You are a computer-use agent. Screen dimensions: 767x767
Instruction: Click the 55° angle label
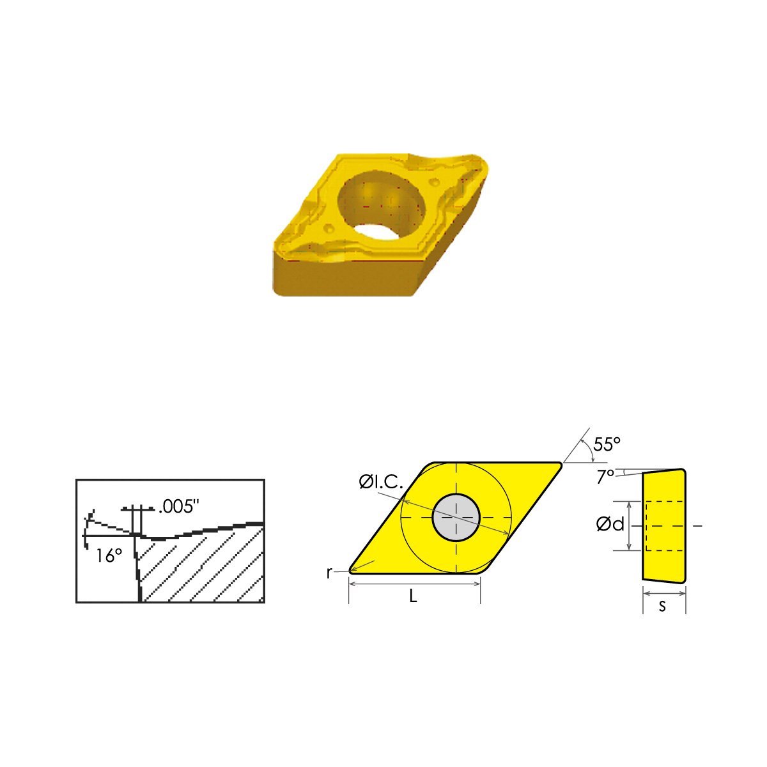point(607,444)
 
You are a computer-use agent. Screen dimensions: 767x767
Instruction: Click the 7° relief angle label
point(605,477)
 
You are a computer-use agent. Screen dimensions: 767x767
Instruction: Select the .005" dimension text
point(179,507)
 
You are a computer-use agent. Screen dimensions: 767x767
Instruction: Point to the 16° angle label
point(109,555)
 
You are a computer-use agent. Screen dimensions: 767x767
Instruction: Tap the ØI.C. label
point(381,483)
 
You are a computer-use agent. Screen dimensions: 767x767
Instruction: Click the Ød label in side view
point(610,525)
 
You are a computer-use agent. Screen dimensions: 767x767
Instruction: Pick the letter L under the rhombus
point(414,596)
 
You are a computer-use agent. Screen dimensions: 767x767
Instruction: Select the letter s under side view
point(662,606)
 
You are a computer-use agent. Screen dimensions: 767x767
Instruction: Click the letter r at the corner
point(329,573)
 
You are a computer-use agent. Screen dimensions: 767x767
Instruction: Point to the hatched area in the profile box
point(205,566)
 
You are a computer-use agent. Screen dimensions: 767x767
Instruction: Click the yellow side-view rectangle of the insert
point(665,525)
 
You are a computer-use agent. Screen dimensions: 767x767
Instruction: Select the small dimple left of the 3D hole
point(329,228)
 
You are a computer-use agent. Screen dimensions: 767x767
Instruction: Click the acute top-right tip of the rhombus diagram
point(559,465)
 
